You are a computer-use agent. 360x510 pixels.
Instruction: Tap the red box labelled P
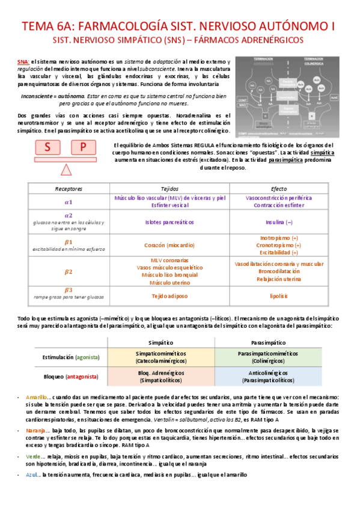coord(84,147)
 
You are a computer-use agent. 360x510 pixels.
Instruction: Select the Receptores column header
coord(68,188)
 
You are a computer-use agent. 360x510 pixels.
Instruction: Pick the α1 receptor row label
coord(68,202)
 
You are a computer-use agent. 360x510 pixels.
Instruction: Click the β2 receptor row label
coord(68,271)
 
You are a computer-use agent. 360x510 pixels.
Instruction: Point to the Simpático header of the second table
coord(160,341)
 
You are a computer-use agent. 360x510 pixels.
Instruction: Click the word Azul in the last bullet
coord(32,475)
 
